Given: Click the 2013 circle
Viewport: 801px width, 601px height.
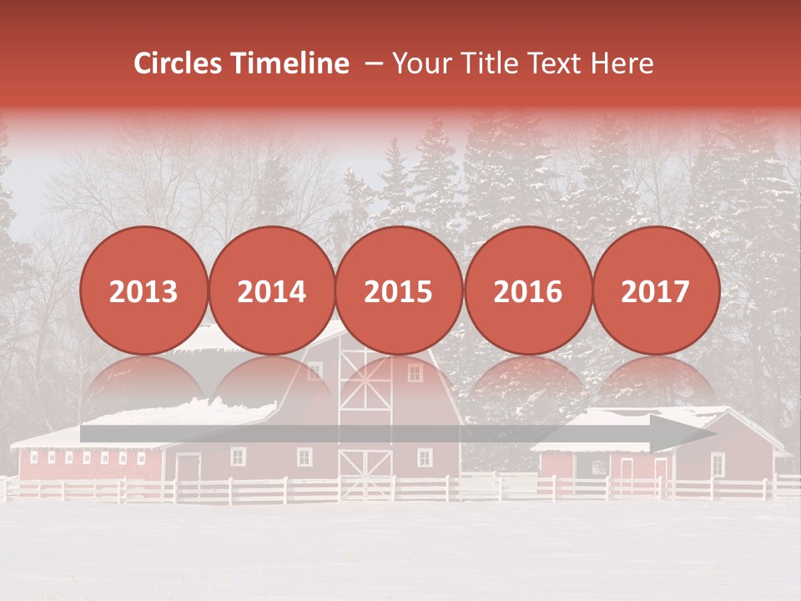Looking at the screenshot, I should (144, 290).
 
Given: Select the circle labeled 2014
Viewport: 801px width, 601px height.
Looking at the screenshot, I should (271, 290).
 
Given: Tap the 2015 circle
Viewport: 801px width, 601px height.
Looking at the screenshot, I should (399, 290).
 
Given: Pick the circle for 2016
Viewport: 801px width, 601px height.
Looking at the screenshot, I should (527, 290).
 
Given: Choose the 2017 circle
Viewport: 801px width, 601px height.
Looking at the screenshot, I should (655, 290).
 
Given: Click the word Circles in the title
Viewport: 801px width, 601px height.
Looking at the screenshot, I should (179, 63).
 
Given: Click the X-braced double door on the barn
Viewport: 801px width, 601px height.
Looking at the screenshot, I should (365, 475).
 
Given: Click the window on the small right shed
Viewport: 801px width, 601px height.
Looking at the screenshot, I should (718, 464).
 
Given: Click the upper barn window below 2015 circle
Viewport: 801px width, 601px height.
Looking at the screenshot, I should (415, 372).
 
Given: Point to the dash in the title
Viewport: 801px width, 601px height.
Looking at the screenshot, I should (374, 63).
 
